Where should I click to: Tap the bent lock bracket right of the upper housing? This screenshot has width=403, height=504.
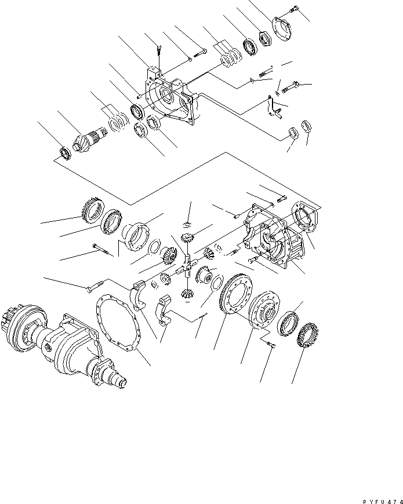(x=271, y=107)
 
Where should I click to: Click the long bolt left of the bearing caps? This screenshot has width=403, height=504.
(x=96, y=285)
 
